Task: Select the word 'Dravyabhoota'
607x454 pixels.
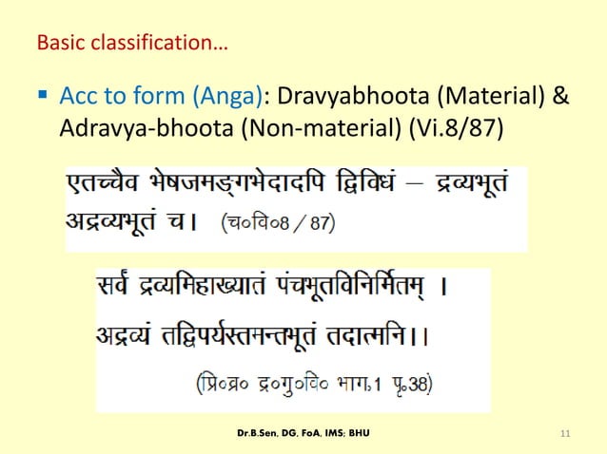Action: pos(343,97)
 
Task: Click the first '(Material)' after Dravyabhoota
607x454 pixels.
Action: pos(482,97)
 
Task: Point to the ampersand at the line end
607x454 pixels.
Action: pos(560,97)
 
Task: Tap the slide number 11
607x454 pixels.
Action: pos(565,434)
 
